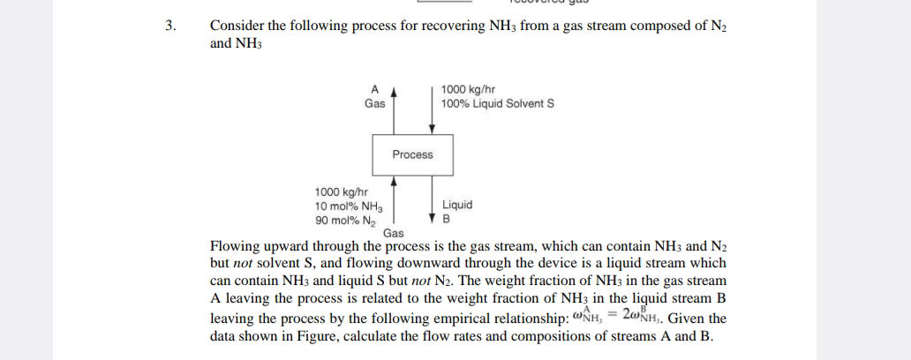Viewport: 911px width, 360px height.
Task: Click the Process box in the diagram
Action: pos(412,154)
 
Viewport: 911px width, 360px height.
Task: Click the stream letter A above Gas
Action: pos(374,89)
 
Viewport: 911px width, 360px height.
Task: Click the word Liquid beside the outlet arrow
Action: pos(456,205)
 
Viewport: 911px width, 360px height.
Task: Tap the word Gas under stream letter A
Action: pos(374,103)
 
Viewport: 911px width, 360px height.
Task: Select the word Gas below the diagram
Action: pos(394,233)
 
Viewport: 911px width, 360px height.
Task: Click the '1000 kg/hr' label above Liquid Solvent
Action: pos(468,89)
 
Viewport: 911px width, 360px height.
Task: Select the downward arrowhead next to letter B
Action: pos(433,217)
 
